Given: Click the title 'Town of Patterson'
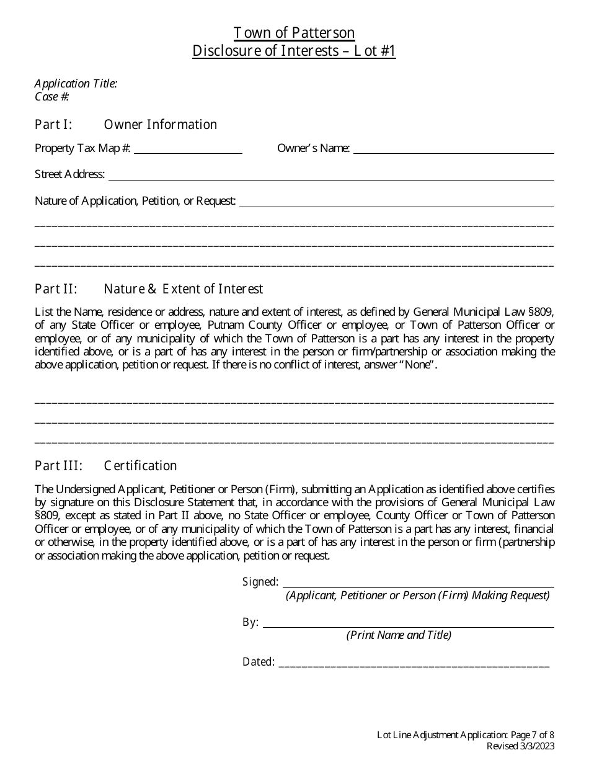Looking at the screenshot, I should click(294, 33).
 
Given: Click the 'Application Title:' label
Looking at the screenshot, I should click(76, 84).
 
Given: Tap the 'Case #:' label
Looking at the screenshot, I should click(51, 97).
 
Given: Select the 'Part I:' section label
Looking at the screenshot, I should click(54, 125).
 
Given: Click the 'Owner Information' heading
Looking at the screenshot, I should click(161, 125).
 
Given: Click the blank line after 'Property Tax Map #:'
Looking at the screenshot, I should click(188, 149).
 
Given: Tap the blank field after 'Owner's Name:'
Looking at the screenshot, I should click(453, 149).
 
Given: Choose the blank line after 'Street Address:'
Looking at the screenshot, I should click(331, 176).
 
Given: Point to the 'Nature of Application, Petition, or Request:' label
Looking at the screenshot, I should click(135, 201).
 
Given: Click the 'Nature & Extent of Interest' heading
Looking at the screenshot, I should click(184, 289).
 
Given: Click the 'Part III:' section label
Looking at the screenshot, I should click(58, 466).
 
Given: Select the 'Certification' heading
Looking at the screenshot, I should click(141, 466).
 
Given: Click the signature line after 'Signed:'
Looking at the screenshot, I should click(418, 584).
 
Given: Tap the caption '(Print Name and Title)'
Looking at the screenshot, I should click(399, 635).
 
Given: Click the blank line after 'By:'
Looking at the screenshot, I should click(409, 623).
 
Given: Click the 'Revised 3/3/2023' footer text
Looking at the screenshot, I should click(520, 746).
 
